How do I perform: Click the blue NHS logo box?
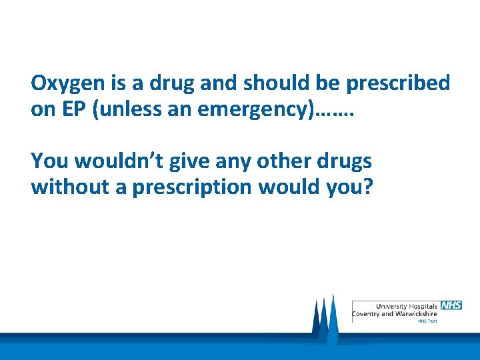451,305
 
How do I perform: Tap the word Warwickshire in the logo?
415,313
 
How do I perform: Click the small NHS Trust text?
427,321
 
